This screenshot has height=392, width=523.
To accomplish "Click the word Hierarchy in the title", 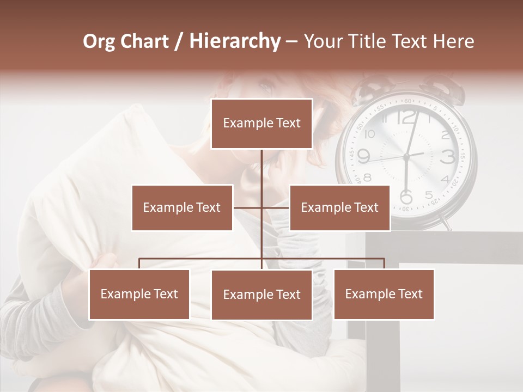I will tap(234, 41).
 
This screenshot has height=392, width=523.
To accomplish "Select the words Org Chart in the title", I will tap(126, 41).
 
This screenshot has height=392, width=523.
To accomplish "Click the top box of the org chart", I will tap(261, 124).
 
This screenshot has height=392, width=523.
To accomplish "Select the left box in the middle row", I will tap(182, 207).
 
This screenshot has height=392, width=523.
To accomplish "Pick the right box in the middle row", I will tap(339, 207).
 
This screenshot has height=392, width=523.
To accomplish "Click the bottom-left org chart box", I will tap(139, 294).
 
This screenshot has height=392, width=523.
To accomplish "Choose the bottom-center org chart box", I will tap(261, 295).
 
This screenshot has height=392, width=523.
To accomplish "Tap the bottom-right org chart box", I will tap(384, 294).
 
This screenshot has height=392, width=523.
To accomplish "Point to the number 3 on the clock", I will tap(448, 157).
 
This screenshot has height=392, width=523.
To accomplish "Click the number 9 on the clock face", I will tap(363, 157).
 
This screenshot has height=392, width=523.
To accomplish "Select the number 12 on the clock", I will tap(406, 117).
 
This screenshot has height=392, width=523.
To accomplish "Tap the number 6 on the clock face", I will tap(406, 196).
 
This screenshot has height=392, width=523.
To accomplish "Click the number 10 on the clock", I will tap(370, 134).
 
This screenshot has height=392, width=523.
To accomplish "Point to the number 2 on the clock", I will tap(445, 134).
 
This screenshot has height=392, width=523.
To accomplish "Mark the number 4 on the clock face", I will tap(445, 179).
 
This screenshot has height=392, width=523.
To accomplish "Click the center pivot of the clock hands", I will tap(406, 157).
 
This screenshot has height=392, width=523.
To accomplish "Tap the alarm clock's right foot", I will tap(446, 223).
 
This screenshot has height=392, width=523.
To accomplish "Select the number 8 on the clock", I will tap(368, 177).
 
